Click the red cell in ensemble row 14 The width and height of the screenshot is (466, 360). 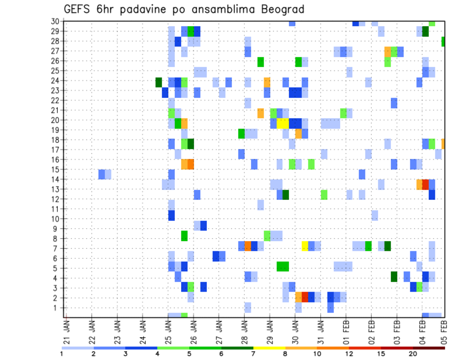pyautogui.click(x=426, y=184)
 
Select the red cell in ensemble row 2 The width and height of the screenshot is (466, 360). pyautogui.click(x=305, y=297)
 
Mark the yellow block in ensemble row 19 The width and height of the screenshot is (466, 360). pyautogui.click(x=283, y=124)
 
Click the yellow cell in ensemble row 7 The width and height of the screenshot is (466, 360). pyautogui.click(x=305, y=246)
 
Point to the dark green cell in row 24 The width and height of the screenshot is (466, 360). pyautogui.click(x=159, y=82)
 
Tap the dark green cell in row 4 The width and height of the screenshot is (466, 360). pyautogui.click(x=394, y=277)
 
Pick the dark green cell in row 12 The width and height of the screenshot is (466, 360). pyautogui.click(x=286, y=195)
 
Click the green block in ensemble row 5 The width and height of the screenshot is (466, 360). pyautogui.click(x=283, y=266)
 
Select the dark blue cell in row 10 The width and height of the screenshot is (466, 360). pyautogui.click(x=171, y=215)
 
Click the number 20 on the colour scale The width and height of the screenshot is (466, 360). pyautogui.click(x=413, y=354)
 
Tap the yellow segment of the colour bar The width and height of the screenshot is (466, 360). pyautogui.click(x=269, y=347)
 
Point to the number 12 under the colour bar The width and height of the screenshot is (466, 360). pyautogui.click(x=349, y=354)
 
